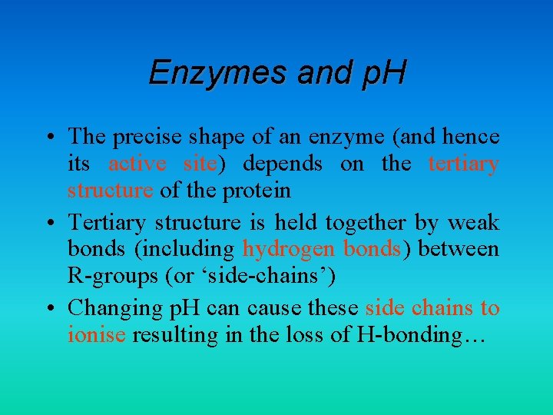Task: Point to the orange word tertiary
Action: tap(463, 164)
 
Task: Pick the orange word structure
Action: tap(110, 190)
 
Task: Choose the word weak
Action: tap(473, 223)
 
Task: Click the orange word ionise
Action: tap(96, 334)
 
